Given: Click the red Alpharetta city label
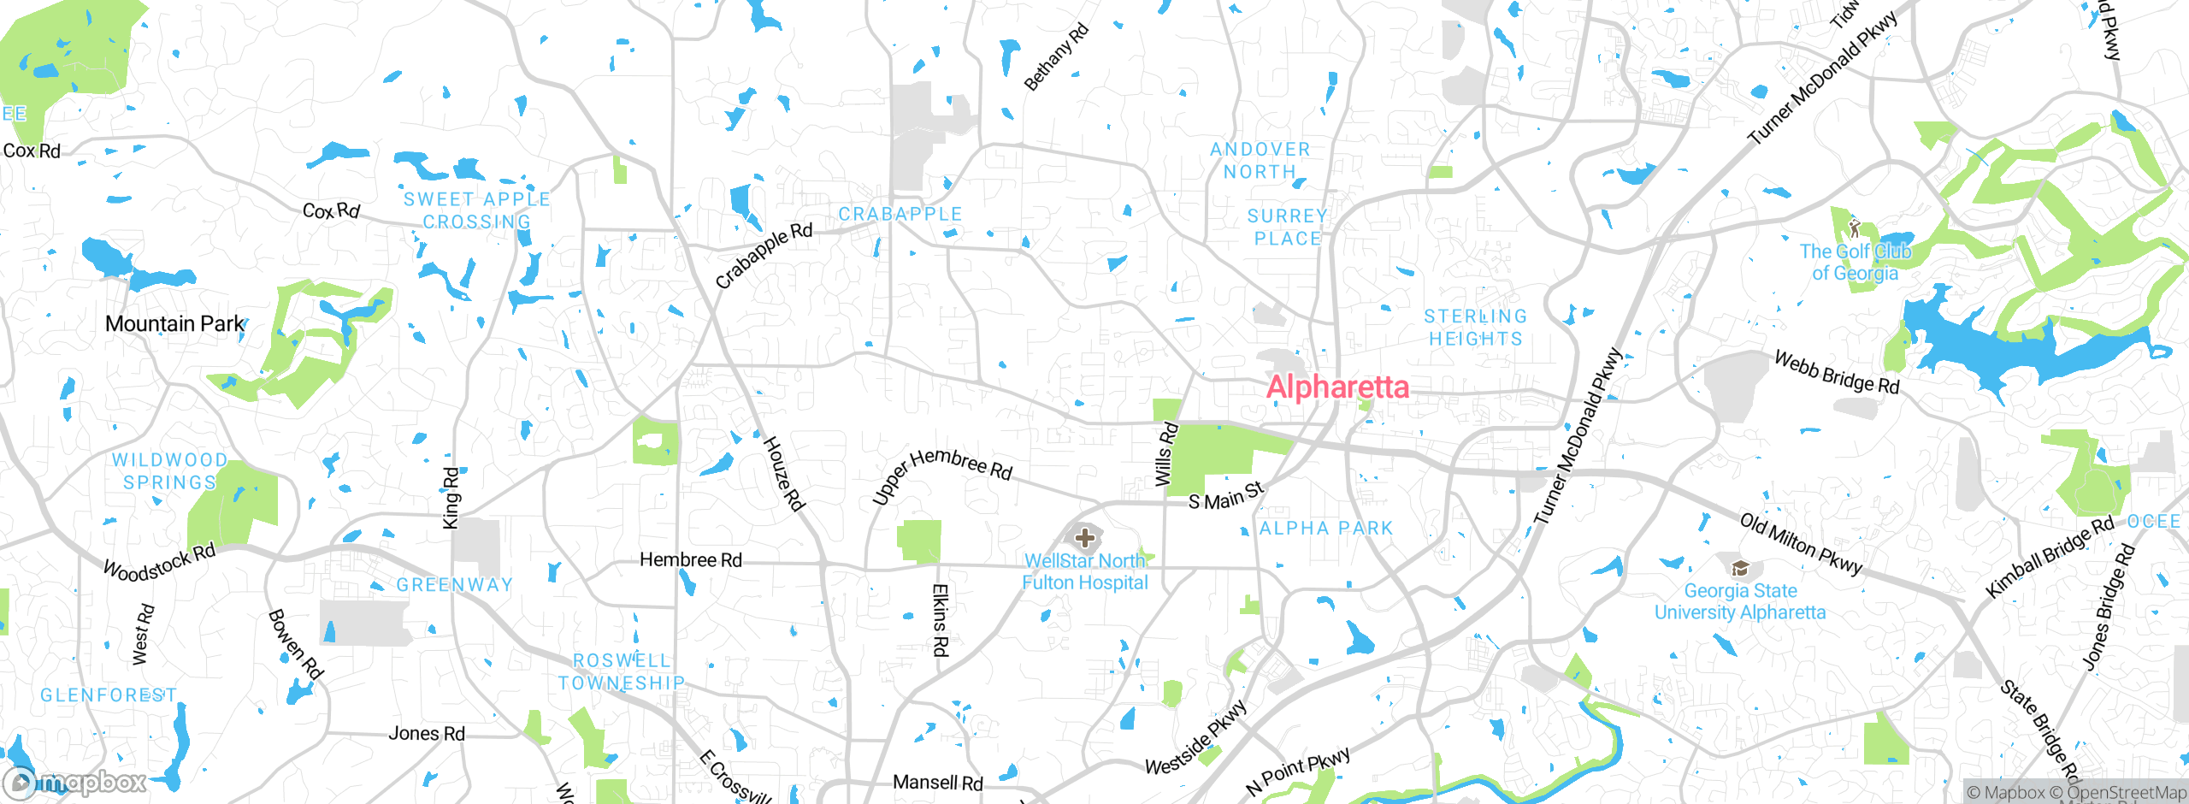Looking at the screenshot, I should click(1337, 387).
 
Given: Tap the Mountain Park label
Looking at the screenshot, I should click(174, 324).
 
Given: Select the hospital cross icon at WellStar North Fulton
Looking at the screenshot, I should click(1085, 538).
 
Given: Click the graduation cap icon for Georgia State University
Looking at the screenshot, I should click(1739, 568).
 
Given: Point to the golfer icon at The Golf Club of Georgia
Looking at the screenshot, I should click(1854, 228).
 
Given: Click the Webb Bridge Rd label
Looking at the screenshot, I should click(1836, 373).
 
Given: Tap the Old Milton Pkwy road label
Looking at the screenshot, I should click(1800, 544).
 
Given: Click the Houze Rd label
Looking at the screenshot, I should click(783, 474).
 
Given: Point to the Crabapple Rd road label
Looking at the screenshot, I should click(764, 255).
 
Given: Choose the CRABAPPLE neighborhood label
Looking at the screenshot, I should click(900, 214).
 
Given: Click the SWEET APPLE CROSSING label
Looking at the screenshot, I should click(477, 210).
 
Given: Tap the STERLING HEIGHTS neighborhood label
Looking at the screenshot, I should click(1476, 328).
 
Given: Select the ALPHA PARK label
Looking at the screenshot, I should click(1326, 529).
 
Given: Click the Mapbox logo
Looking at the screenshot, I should click(75, 782).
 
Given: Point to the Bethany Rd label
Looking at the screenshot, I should click(1056, 56).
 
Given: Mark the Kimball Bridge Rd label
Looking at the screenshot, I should click(2049, 558).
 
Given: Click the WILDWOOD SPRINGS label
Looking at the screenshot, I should click(170, 471).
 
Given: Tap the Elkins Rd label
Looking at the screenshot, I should click(940, 620).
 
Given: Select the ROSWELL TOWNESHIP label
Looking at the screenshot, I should click(622, 671).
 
